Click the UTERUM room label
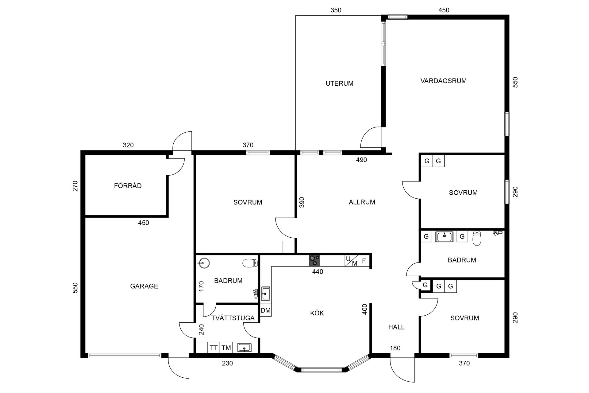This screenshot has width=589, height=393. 339,83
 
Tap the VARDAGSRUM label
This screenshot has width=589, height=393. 443,81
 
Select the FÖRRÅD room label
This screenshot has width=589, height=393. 128,185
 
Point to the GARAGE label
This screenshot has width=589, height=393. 144,286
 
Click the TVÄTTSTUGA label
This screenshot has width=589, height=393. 233,318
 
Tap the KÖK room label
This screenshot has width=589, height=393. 317,313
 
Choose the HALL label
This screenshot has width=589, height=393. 396,327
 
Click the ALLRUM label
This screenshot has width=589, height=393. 362,202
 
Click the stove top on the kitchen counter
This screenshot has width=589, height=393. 314,261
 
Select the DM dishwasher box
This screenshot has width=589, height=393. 266,310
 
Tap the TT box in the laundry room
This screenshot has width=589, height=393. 214,348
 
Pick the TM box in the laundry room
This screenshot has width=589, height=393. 226,348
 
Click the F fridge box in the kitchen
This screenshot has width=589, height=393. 364,261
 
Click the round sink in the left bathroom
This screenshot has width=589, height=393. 204,263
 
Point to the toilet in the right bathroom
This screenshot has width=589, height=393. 476,238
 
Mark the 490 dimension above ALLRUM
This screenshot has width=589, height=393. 361,160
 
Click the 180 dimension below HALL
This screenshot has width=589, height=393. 395,348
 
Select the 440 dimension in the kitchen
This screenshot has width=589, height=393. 318,271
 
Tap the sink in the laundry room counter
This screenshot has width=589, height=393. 244,348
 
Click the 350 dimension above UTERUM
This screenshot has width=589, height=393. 336,10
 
